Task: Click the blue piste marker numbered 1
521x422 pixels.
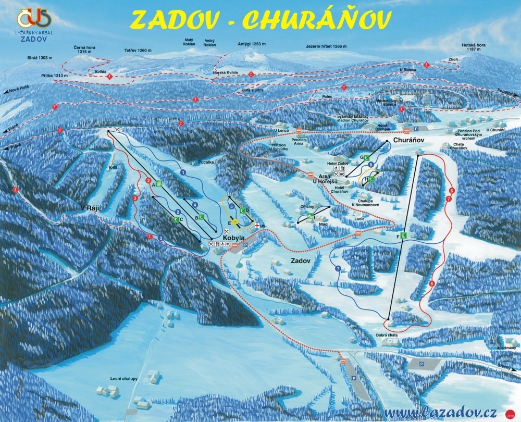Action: (x=183, y=171)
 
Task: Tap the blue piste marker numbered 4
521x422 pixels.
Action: (x=195, y=205)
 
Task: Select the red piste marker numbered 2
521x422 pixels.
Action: (x=148, y=180)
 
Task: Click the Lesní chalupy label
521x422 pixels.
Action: (x=123, y=379)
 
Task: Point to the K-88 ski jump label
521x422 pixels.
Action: (x=114, y=168)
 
